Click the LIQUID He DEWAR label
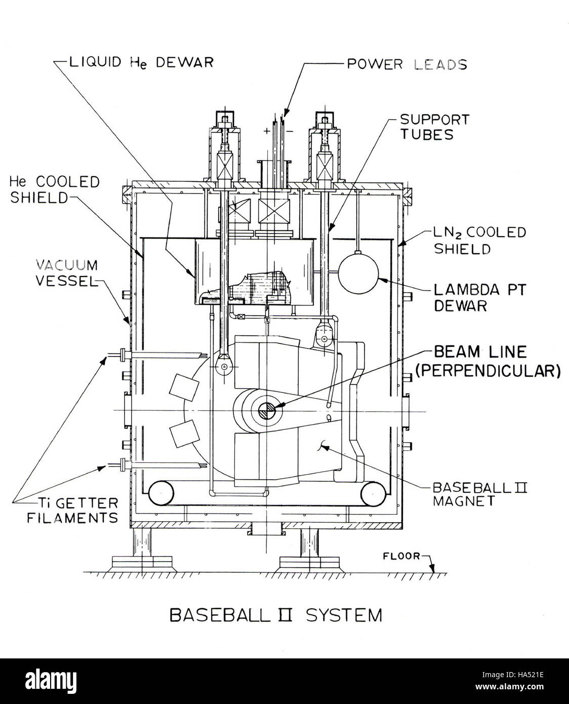[141, 62]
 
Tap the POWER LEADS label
[407, 64]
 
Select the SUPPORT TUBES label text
[434, 127]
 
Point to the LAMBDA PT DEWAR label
[479, 298]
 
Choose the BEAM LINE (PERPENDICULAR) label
[488, 362]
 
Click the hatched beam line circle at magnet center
[266, 411]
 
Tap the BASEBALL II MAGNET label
[480, 494]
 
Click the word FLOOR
[401, 556]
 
